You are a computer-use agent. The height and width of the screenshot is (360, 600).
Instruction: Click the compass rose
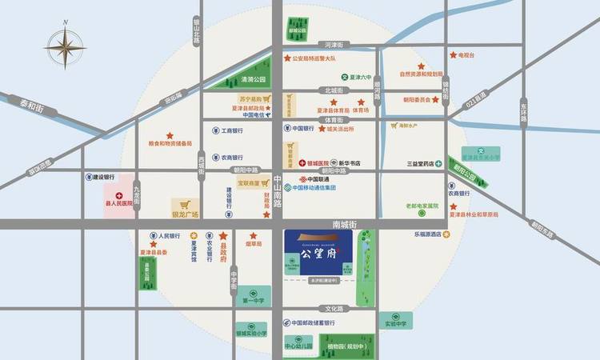(x=64, y=47)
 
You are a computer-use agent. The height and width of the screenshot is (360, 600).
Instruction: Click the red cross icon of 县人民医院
(x=120, y=195)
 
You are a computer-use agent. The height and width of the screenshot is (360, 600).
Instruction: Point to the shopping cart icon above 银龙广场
(x=185, y=204)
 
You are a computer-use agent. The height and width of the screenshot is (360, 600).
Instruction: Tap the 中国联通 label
(x=318, y=179)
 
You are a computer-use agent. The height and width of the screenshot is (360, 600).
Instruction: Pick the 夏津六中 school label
(x=362, y=78)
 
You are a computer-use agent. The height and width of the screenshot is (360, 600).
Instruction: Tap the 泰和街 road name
(x=34, y=104)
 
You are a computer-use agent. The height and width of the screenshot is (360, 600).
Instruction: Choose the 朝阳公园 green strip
(x=464, y=170)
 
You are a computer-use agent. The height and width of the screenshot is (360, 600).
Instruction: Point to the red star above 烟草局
(x=254, y=236)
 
